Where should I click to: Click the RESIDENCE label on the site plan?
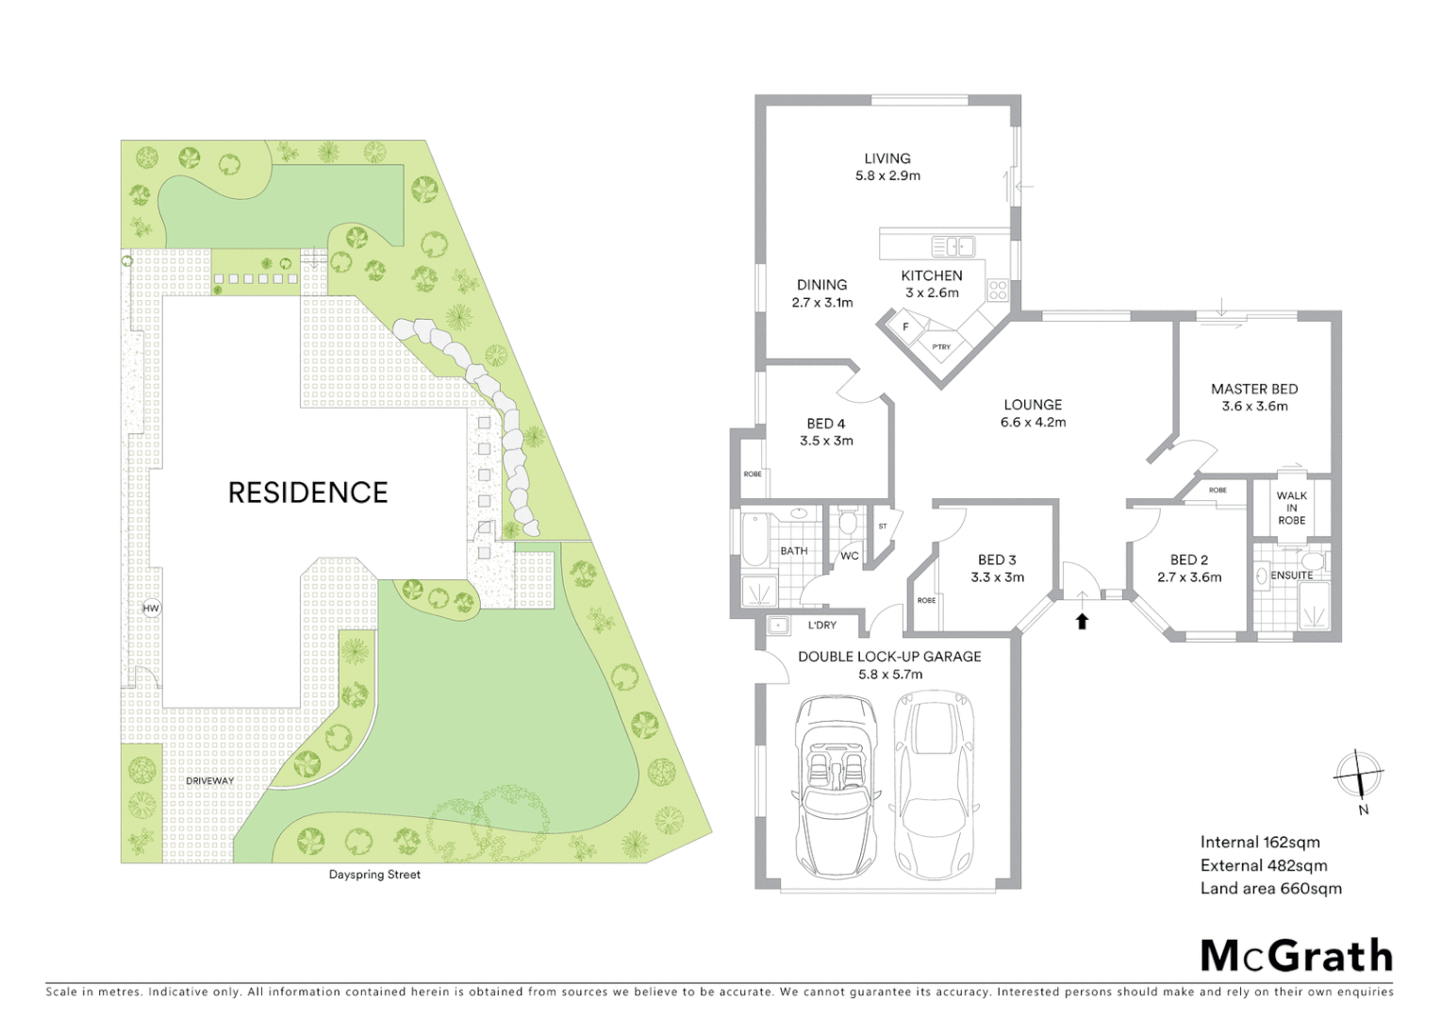click(307, 493)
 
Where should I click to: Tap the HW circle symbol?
click(151, 609)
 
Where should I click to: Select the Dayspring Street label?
click(374, 875)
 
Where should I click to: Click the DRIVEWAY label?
click(209, 781)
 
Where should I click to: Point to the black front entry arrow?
click(1083, 621)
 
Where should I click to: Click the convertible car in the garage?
click(836, 784)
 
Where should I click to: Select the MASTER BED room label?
click(1254, 389)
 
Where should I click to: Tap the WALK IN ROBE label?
click(1291, 508)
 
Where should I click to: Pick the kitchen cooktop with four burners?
click(997, 290)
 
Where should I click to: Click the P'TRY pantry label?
click(941, 347)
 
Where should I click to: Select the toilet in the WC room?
click(847, 522)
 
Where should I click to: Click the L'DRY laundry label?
click(821, 626)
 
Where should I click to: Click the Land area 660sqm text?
click(1270, 888)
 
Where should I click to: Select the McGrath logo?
click(1296, 955)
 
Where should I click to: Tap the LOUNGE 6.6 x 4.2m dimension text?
click(1033, 423)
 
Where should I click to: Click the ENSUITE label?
click(1291, 575)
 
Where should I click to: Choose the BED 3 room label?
click(997, 560)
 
